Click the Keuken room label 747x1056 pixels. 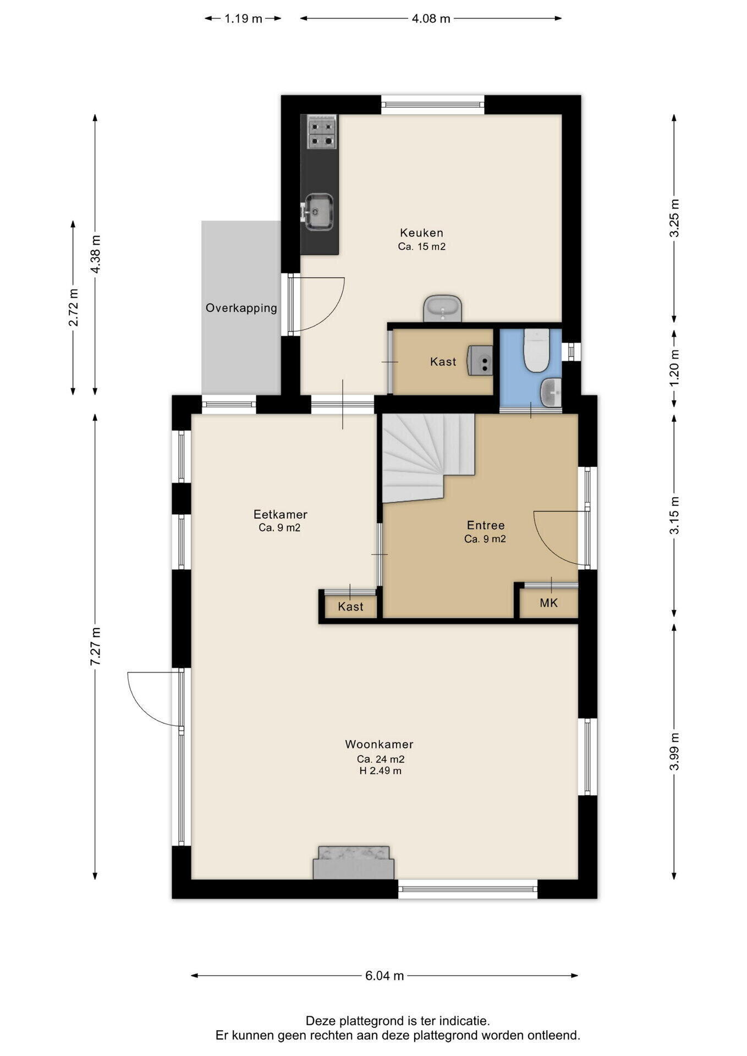tap(421, 233)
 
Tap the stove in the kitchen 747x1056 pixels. tap(322, 132)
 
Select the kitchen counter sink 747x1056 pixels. tap(318, 211)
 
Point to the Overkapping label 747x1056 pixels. tap(241, 308)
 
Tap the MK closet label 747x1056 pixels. tap(549, 603)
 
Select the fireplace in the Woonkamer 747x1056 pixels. tap(354, 862)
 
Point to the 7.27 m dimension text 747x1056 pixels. tap(95, 646)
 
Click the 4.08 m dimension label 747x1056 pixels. tap(431, 19)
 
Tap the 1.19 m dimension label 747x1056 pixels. tap(243, 19)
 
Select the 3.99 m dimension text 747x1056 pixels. tap(674, 752)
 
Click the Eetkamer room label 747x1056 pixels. tap(280, 514)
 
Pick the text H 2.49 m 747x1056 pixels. tap(380, 771)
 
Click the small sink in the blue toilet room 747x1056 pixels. tap(551, 392)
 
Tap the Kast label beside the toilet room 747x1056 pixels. tap(443, 362)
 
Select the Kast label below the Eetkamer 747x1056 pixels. tap(350, 607)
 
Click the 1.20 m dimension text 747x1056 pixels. tap(674, 367)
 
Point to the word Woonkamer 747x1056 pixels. tap(379, 744)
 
